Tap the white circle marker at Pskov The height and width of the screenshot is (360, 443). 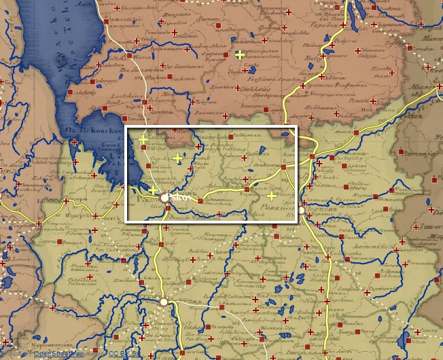pos(165,198)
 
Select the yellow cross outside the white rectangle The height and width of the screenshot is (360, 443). pos(239,54)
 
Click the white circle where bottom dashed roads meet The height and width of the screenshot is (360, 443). pos(164,302)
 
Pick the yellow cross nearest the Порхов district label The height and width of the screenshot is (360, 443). pos(272,196)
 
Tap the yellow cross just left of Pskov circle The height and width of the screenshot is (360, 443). pos(154,190)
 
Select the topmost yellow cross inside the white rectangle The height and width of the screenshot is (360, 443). pos(143,140)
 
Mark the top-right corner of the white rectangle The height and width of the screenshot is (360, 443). pos(297,127)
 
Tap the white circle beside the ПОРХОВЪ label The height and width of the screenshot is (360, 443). pos(301,212)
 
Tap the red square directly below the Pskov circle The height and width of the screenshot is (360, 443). pos(169,217)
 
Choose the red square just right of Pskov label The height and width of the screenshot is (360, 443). pos(200,200)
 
